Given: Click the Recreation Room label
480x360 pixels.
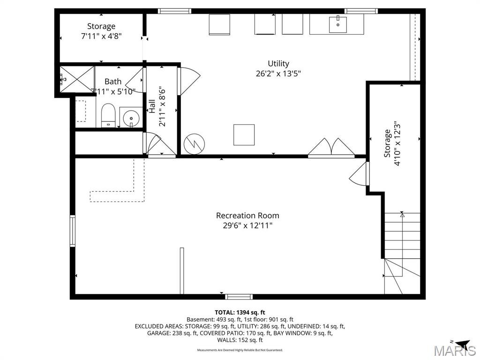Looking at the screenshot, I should (247, 216).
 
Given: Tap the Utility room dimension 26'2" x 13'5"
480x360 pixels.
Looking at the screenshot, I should (278, 73).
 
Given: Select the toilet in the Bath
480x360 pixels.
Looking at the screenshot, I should (108, 115).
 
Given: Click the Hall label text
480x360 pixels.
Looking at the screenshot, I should (152, 106).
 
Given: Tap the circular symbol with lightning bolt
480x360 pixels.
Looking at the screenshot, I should (194, 144).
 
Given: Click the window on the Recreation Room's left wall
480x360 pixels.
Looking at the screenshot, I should (73, 230).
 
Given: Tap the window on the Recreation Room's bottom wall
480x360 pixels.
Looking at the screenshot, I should (239, 296).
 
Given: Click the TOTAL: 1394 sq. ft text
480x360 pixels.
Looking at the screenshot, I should (240, 312).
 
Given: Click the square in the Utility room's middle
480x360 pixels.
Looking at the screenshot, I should (244, 135).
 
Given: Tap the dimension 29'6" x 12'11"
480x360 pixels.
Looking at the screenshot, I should (247, 225).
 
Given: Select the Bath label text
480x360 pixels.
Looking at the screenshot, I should (113, 82).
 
